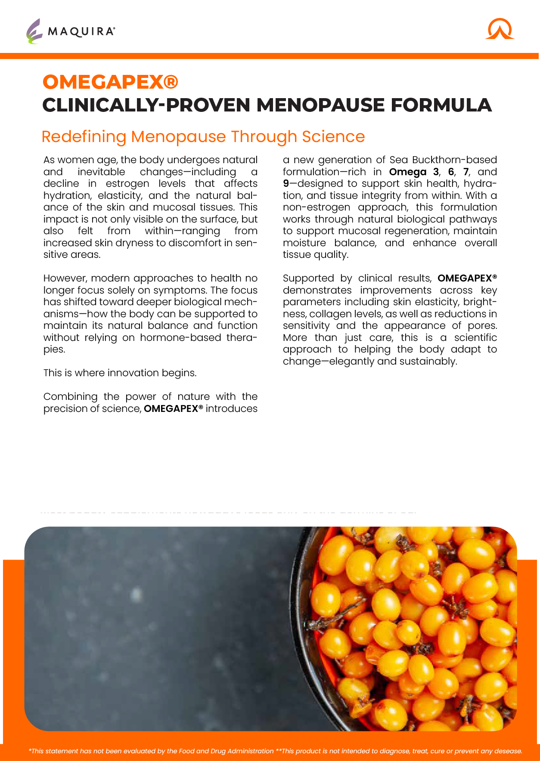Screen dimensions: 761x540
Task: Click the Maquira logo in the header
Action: coord(71,31)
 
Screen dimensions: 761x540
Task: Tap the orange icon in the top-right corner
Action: coord(500,29)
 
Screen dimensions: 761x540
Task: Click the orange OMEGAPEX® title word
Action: coord(110,82)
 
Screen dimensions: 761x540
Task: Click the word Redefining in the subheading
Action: coord(84,137)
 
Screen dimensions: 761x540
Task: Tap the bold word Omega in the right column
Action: coord(407,172)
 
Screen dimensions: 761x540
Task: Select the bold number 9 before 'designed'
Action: coord(286,184)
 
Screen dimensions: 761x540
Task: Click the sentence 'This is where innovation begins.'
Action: coord(120,373)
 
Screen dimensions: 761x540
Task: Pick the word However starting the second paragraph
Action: coord(65,278)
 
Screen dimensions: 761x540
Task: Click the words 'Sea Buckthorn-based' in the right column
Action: coord(443,160)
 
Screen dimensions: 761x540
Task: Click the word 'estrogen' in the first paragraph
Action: coord(127,184)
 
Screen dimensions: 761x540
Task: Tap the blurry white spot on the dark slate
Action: coord(137,595)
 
